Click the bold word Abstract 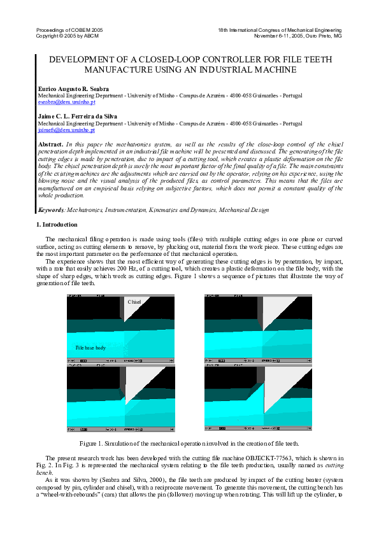51,145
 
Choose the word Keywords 51,209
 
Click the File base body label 90,348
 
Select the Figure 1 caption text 189,443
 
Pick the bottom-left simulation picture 120,399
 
